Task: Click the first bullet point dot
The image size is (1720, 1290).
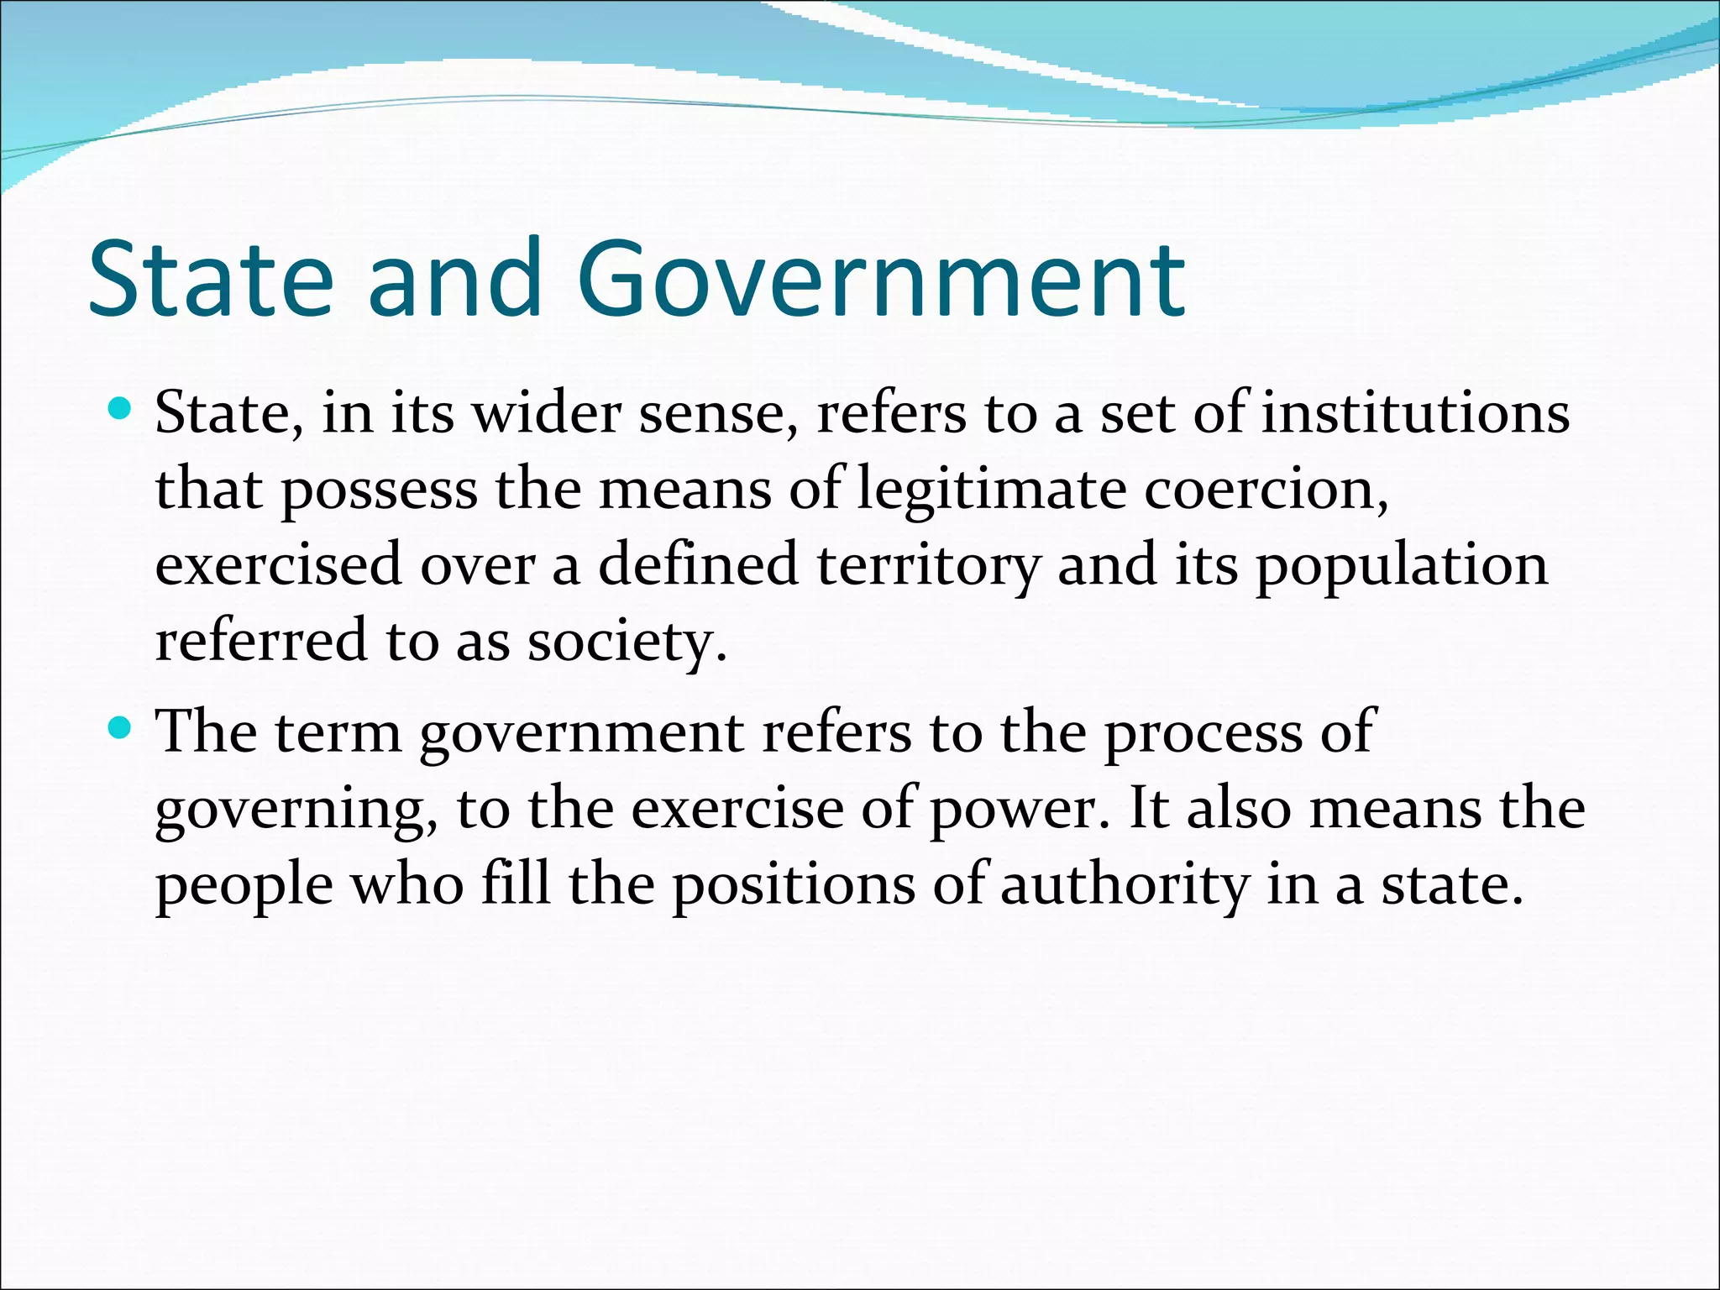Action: [x=121, y=410]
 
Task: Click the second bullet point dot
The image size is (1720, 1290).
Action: [x=121, y=727]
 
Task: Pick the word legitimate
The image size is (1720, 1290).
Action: [x=991, y=490]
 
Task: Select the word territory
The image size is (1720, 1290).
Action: [x=928, y=565]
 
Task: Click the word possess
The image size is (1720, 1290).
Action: [x=379, y=491]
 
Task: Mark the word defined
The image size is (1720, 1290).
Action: [x=698, y=565]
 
